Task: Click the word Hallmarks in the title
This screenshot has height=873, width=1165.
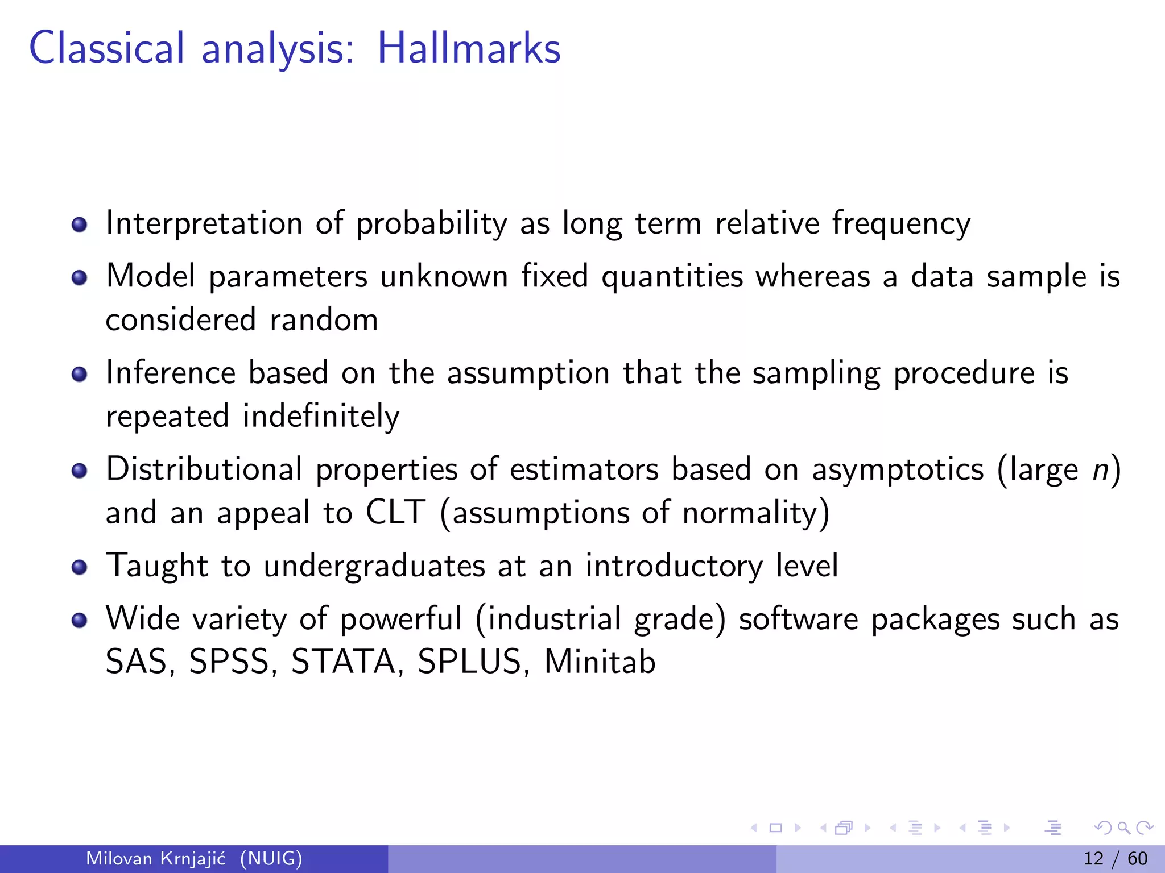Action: (469, 48)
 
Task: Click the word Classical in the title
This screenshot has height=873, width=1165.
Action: (107, 48)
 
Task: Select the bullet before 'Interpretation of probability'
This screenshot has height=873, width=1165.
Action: (79, 225)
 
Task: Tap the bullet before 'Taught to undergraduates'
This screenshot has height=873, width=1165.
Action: (79, 567)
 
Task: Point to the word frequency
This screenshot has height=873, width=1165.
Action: (901, 223)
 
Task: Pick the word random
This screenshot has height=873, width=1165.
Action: (324, 320)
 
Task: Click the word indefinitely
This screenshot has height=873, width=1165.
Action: (321, 417)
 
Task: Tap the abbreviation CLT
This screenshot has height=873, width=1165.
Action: (395, 513)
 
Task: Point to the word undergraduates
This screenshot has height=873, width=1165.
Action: (374, 567)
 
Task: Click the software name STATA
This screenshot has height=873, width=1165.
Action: (344, 662)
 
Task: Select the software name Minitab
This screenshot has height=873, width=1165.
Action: (600, 662)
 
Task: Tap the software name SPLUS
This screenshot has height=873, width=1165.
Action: (469, 662)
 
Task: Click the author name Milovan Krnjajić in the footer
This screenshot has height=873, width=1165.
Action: (156, 858)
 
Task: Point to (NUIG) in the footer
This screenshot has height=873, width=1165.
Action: (271, 858)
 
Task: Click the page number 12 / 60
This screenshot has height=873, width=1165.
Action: (1115, 858)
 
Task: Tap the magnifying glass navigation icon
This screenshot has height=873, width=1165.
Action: (1123, 828)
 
